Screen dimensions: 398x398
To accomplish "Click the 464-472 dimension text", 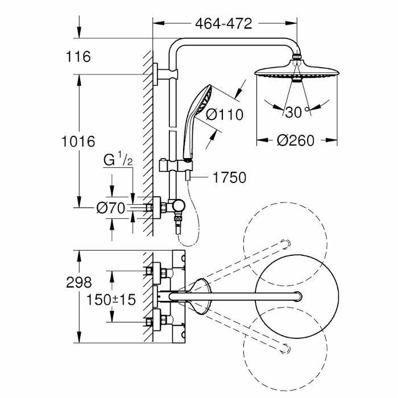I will coord(223,24).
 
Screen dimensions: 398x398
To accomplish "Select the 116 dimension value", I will coord(79,57).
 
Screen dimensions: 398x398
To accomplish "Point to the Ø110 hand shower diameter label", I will coord(224,114).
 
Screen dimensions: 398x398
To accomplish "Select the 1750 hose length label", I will coord(230,178).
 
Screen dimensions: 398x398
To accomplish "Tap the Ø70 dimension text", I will coord(110,208).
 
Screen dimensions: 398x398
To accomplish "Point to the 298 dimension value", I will coord(78,281).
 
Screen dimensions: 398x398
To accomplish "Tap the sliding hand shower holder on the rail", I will coord(183,166).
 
